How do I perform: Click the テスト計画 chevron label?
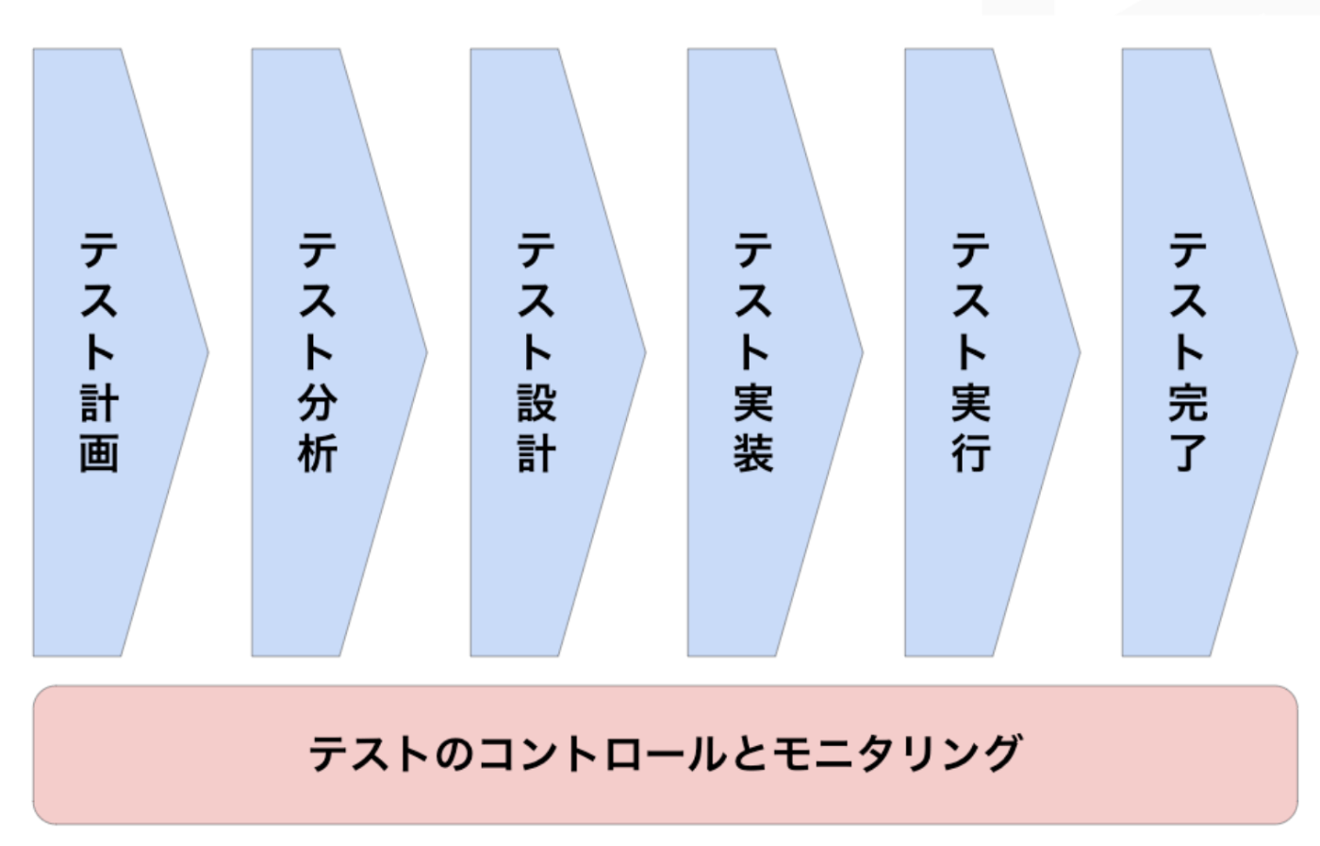(99, 351)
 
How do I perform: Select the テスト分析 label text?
(318, 351)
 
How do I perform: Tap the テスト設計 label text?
(536, 351)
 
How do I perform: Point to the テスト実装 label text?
(753, 351)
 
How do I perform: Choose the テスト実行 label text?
(970, 351)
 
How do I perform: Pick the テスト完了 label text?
(1188, 351)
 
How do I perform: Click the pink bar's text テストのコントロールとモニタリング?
(665, 754)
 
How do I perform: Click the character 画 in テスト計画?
(99, 453)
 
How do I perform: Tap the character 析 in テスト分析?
(318, 453)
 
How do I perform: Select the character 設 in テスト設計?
(536, 403)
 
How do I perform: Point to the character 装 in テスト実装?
(753, 453)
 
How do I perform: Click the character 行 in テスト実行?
(970, 453)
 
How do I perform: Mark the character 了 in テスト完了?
(1188, 453)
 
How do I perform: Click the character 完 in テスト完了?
(1188, 403)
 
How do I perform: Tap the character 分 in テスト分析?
(318, 403)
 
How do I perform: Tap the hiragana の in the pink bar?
(453, 754)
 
